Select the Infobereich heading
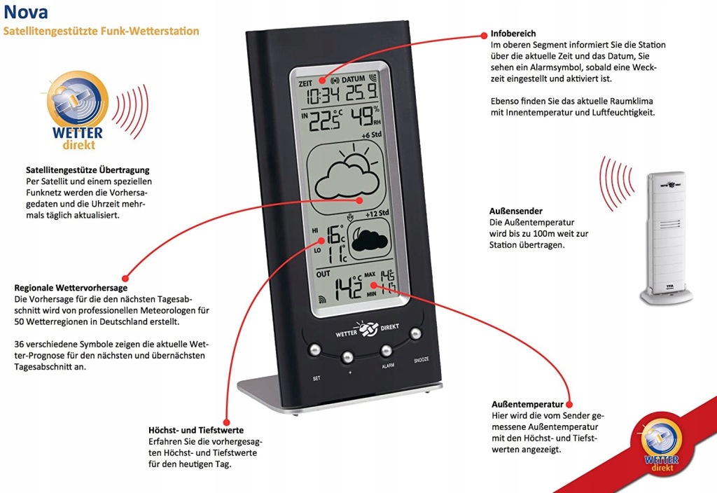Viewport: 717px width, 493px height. click(514, 33)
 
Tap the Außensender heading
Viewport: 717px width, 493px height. click(516, 211)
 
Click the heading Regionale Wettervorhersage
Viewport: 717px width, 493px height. click(71, 288)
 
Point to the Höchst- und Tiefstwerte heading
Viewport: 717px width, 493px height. click(196, 430)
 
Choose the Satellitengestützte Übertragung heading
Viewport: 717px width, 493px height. click(88, 170)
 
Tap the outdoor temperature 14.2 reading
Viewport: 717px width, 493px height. click(347, 287)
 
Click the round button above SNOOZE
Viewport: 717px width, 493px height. click(416, 333)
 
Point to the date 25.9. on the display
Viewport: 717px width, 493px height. click(364, 94)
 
